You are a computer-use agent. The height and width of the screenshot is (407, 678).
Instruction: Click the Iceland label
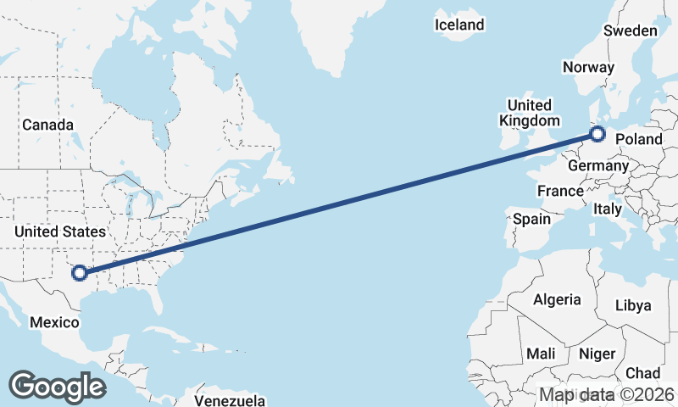[x=459, y=25]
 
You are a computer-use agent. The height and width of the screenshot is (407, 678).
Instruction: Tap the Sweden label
[x=631, y=31]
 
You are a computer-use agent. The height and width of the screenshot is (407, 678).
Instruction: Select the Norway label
[x=588, y=67]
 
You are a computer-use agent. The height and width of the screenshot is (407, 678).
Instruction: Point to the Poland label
[x=639, y=138]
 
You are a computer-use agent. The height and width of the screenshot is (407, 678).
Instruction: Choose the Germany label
[x=597, y=166]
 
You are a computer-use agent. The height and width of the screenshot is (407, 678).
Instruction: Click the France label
[x=560, y=192]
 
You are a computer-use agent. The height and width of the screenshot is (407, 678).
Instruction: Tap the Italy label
[x=607, y=208]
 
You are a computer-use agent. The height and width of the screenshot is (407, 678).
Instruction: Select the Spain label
[x=531, y=219]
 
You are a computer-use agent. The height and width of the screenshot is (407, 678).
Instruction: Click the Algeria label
[x=557, y=299]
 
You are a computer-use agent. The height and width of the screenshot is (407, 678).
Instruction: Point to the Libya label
[x=633, y=305]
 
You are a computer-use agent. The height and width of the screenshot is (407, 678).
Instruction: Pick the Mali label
[x=541, y=353]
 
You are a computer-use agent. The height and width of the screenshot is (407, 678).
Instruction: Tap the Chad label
[x=642, y=373]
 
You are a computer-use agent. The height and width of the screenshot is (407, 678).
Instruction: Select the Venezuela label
[x=230, y=400]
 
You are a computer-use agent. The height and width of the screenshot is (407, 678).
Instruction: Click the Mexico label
[x=54, y=322]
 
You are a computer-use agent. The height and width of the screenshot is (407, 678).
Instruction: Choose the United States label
[x=60, y=231]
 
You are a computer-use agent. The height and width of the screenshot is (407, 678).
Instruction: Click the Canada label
[x=48, y=125]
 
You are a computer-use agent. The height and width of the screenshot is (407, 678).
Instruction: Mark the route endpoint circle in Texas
[x=80, y=273]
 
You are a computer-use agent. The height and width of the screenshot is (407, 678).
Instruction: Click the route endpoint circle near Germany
[x=597, y=134]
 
